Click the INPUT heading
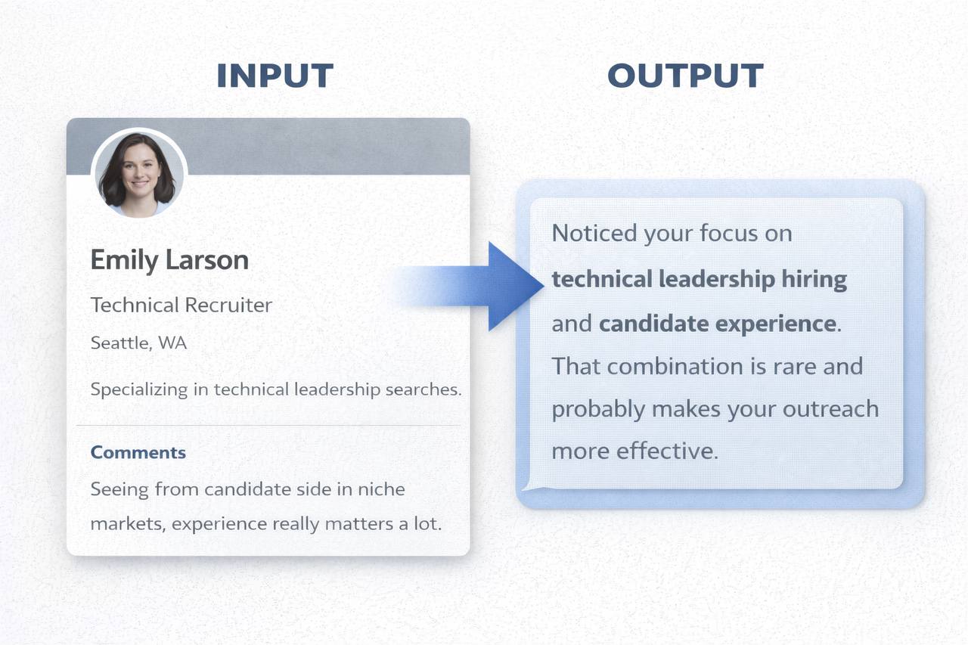click(x=275, y=76)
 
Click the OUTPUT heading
click(x=685, y=76)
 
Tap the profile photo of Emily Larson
click(x=138, y=173)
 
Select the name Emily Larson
click(x=169, y=260)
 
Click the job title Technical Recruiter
click(x=181, y=305)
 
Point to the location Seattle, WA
click(x=138, y=343)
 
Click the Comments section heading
click(x=138, y=452)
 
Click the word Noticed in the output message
click(x=594, y=233)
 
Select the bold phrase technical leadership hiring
click(x=699, y=279)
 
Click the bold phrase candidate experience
click(x=717, y=324)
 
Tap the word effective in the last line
click(x=665, y=451)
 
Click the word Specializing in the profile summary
click(x=139, y=390)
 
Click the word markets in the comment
click(x=125, y=523)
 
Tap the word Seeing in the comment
click(x=119, y=489)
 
